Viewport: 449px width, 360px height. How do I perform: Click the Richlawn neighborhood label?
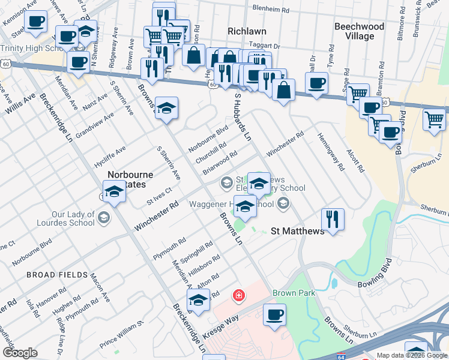[247, 31]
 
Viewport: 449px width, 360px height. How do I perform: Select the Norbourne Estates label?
[130, 180]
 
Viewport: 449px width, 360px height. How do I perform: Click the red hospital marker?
[239, 295]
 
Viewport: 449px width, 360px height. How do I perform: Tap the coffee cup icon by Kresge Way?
[275, 314]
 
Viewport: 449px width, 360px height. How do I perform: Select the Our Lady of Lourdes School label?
[73, 218]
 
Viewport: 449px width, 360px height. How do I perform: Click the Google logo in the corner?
[20, 353]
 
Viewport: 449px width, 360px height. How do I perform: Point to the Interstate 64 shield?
[340, 355]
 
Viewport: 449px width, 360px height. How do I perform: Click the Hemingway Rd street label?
[331, 151]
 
